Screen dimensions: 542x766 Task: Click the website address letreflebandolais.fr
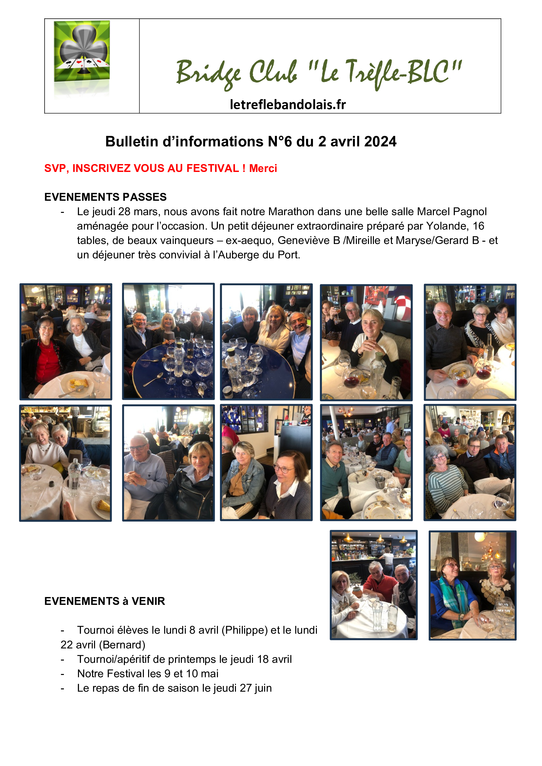288,104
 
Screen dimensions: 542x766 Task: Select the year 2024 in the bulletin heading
380,141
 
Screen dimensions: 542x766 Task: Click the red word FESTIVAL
213,168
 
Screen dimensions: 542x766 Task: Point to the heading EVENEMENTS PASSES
106,197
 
